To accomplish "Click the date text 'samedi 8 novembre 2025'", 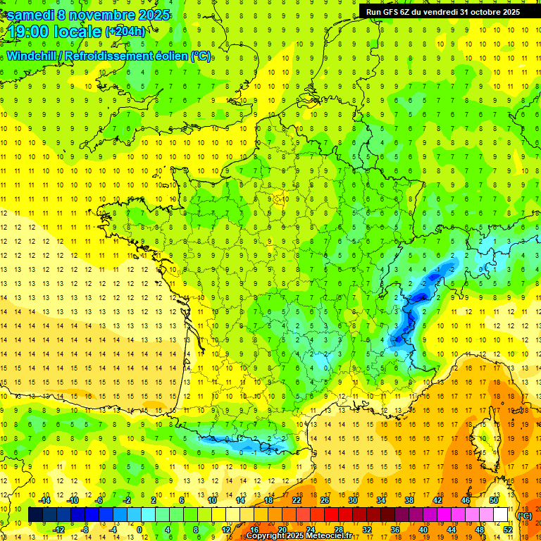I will (89, 15).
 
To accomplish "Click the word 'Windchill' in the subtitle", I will (31, 56).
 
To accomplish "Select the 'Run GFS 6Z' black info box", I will (443, 11).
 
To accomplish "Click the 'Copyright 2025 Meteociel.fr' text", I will (309, 535).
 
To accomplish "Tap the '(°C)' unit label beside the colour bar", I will (524, 515).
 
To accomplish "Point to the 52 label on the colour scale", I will (508, 529).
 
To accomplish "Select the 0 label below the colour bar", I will (139, 529).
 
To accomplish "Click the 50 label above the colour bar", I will (493, 501).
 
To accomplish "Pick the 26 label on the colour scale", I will (325, 501).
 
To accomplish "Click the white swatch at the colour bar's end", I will (500, 515).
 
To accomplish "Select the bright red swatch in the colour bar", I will (331, 515).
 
